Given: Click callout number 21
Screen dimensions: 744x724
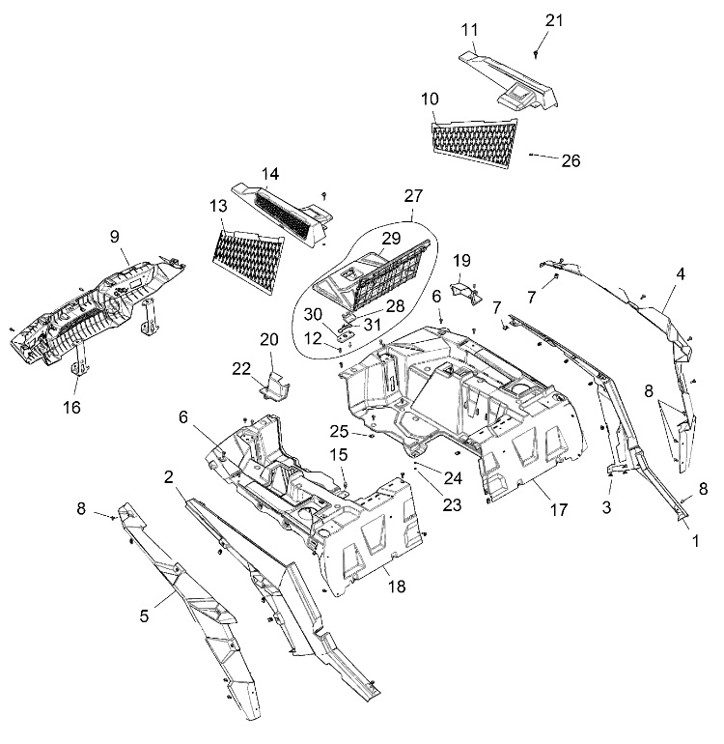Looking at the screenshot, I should pyautogui.click(x=552, y=20).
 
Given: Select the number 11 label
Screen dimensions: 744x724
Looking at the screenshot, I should pyautogui.click(x=469, y=31).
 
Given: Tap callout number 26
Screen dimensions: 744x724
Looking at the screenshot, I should pyautogui.click(x=571, y=160).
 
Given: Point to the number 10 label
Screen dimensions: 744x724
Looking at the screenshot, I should pyautogui.click(x=431, y=100).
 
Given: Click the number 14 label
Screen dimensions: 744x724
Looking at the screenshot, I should pyautogui.click(x=270, y=174).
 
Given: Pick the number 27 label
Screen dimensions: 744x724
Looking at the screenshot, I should pyautogui.click(x=413, y=195).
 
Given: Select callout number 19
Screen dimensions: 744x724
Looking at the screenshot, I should pyautogui.click(x=462, y=260).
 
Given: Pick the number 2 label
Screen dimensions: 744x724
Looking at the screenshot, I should pyautogui.click(x=168, y=476).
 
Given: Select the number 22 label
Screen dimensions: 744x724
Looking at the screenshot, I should pyautogui.click(x=240, y=368).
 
